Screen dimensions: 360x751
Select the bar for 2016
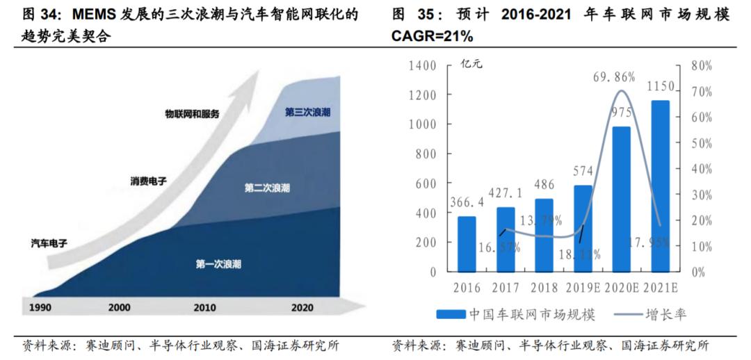pos(467,244)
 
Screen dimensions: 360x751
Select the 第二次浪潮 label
pos(268,188)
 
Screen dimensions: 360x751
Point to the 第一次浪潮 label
pos(219,264)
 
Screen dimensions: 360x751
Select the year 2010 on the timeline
pos(204,307)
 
